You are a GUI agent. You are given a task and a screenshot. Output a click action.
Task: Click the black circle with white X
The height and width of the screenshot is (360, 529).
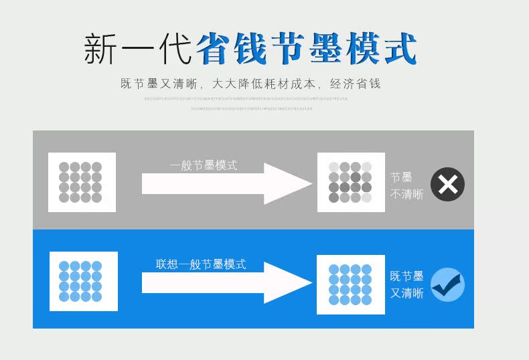(x=447, y=185)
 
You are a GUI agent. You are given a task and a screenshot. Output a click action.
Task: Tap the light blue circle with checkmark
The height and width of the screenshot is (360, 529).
(x=447, y=284)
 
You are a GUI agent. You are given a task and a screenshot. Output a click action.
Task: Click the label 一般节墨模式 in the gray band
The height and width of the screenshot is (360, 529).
(x=204, y=165)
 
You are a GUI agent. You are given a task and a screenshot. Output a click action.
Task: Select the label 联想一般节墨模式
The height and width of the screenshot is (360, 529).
(x=201, y=264)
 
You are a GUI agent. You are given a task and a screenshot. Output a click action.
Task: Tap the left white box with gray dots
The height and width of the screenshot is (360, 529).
(x=82, y=182)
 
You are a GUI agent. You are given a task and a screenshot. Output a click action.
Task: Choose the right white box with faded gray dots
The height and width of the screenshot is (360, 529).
(x=350, y=182)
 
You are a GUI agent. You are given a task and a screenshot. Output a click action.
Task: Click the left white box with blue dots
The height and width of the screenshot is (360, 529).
(x=84, y=281)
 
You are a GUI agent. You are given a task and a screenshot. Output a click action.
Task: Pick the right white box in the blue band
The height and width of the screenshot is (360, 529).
(x=350, y=284)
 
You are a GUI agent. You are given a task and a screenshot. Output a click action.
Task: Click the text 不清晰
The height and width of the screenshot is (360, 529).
(x=406, y=194)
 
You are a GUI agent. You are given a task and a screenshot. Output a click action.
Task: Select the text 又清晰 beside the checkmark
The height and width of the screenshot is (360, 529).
(x=406, y=293)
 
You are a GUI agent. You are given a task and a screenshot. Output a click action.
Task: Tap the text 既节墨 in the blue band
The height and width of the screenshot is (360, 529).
(x=406, y=276)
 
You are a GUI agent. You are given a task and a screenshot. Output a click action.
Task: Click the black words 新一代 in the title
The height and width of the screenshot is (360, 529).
(x=138, y=48)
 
